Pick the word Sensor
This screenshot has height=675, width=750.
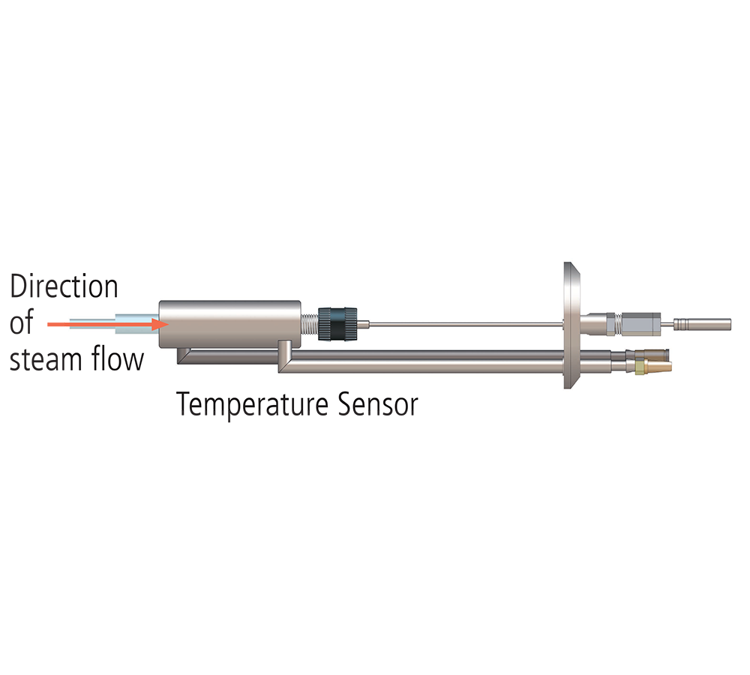click(378, 404)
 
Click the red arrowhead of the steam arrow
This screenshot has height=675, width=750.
click(160, 324)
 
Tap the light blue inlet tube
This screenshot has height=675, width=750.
click(114, 324)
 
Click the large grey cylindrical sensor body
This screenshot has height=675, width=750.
click(229, 324)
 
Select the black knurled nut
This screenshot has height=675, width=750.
click(337, 324)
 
